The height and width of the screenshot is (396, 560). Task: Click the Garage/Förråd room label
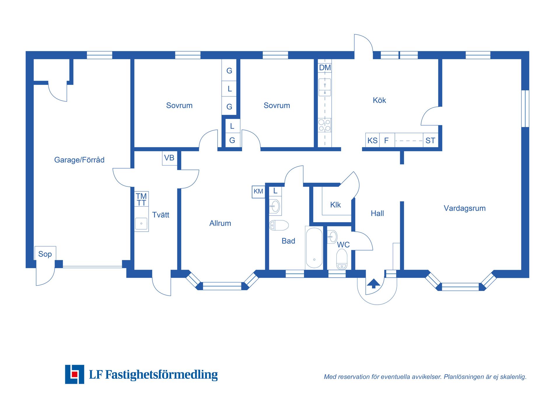tap(79, 160)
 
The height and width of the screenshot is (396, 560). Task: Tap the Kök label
tap(379, 100)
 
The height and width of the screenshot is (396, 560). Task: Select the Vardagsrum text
tap(464, 208)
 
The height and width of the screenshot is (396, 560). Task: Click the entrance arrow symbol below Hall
tap(373, 283)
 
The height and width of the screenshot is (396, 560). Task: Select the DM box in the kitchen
tap(325, 68)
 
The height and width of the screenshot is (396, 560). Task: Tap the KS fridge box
tap(372, 140)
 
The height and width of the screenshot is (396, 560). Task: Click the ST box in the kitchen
tap(430, 140)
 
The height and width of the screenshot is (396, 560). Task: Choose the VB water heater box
tap(169, 158)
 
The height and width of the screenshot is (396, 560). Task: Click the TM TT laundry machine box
tap(141, 199)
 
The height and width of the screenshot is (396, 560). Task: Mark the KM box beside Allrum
tap(258, 191)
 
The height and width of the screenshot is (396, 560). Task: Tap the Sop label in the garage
tap(45, 254)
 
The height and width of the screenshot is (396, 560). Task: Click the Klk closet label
tap(335, 205)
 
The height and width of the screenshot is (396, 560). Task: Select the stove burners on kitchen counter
tap(324, 125)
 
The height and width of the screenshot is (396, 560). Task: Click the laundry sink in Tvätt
tap(141, 224)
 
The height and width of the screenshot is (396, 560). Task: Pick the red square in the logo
tap(75, 374)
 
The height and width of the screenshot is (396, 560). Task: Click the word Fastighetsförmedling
tap(161, 374)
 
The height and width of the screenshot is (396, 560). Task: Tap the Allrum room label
tap(220, 223)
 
